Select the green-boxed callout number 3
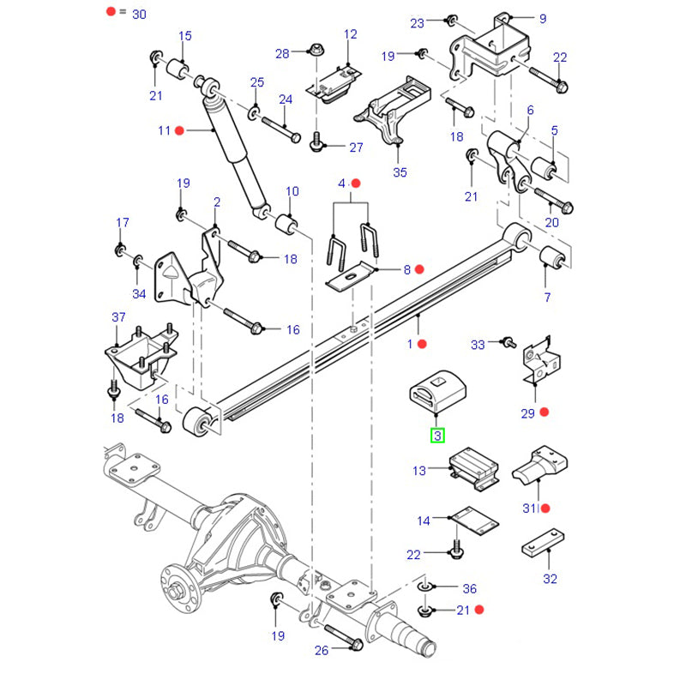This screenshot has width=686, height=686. coord(437,436)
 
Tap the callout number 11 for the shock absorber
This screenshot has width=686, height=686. coord(165,130)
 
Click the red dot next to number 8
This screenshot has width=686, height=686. coord(419,269)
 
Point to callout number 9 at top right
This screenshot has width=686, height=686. coord(542,18)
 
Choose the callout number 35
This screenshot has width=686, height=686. coord(399,171)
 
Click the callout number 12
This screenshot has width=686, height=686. coord(350,34)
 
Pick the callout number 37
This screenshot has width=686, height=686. coord(118,318)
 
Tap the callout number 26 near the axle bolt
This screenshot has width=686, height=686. coord(321,650)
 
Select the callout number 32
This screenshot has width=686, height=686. coord(550,579)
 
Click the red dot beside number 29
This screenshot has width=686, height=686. coord(544,412)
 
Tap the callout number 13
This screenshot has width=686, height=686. coord(419,470)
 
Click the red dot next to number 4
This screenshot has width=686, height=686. coord(357,184)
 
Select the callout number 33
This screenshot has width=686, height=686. coord(478,344)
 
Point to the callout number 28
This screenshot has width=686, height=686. coord(283,54)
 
